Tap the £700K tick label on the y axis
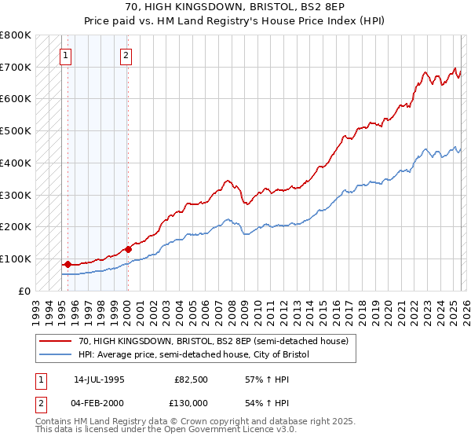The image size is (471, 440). click(16, 67)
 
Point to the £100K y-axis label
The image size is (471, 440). click(16, 258)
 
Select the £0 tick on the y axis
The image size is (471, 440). click(24, 291)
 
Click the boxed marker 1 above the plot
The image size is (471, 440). click(67, 55)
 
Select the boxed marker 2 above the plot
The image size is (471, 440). click(126, 55)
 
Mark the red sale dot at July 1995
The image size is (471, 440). click(68, 264)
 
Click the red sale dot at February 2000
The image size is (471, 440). click(127, 249)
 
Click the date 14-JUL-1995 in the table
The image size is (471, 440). click(99, 379)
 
